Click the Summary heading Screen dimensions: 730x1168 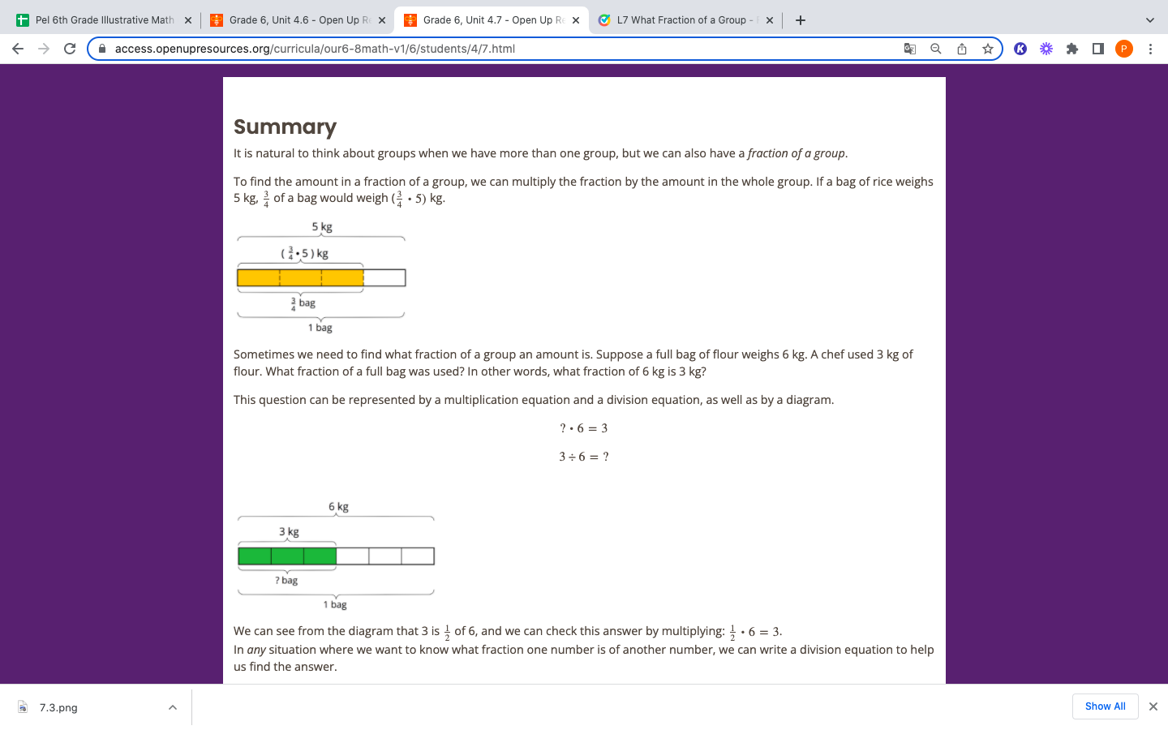285,127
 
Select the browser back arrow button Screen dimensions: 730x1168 18,49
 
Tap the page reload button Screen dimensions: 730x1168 70,49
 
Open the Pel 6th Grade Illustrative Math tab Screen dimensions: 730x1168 104,20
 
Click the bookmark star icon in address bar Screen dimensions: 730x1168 987,49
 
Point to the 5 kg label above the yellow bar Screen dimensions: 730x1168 322,227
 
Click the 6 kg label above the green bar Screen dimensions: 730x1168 338,507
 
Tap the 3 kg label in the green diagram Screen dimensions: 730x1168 289,532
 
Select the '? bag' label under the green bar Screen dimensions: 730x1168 286,581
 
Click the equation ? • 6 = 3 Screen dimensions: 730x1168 583,428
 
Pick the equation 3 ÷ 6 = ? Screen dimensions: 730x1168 583,457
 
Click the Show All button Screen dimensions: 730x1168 1105,706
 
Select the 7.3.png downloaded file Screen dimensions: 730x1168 58,707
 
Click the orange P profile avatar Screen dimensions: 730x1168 1123,49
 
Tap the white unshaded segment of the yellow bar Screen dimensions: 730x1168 384,278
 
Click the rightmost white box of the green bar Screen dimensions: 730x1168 418,556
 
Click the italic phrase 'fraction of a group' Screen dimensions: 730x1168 797,153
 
